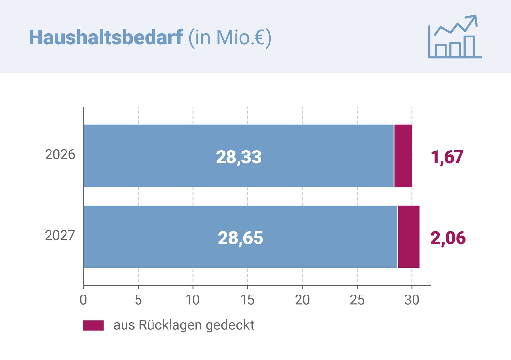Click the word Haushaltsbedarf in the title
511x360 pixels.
(x=106, y=37)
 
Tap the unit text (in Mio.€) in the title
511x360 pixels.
(x=230, y=38)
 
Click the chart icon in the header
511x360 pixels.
(x=455, y=37)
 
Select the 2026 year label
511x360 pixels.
(x=60, y=155)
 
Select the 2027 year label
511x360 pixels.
(x=60, y=236)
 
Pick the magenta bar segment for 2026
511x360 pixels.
(x=403, y=156)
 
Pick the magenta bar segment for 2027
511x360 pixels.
(x=409, y=237)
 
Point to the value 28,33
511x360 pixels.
(x=239, y=157)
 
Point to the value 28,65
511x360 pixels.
(x=241, y=238)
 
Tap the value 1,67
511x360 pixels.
(x=447, y=157)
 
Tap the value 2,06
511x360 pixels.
(x=448, y=238)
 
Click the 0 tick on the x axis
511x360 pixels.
(x=83, y=300)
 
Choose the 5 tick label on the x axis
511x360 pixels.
(x=138, y=300)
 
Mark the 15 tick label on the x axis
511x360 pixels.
(x=247, y=300)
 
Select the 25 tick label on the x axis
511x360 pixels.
(x=357, y=300)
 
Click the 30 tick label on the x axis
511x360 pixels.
(x=412, y=300)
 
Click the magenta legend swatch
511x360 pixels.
(x=94, y=325)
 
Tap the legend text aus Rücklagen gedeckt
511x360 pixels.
(x=184, y=325)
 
